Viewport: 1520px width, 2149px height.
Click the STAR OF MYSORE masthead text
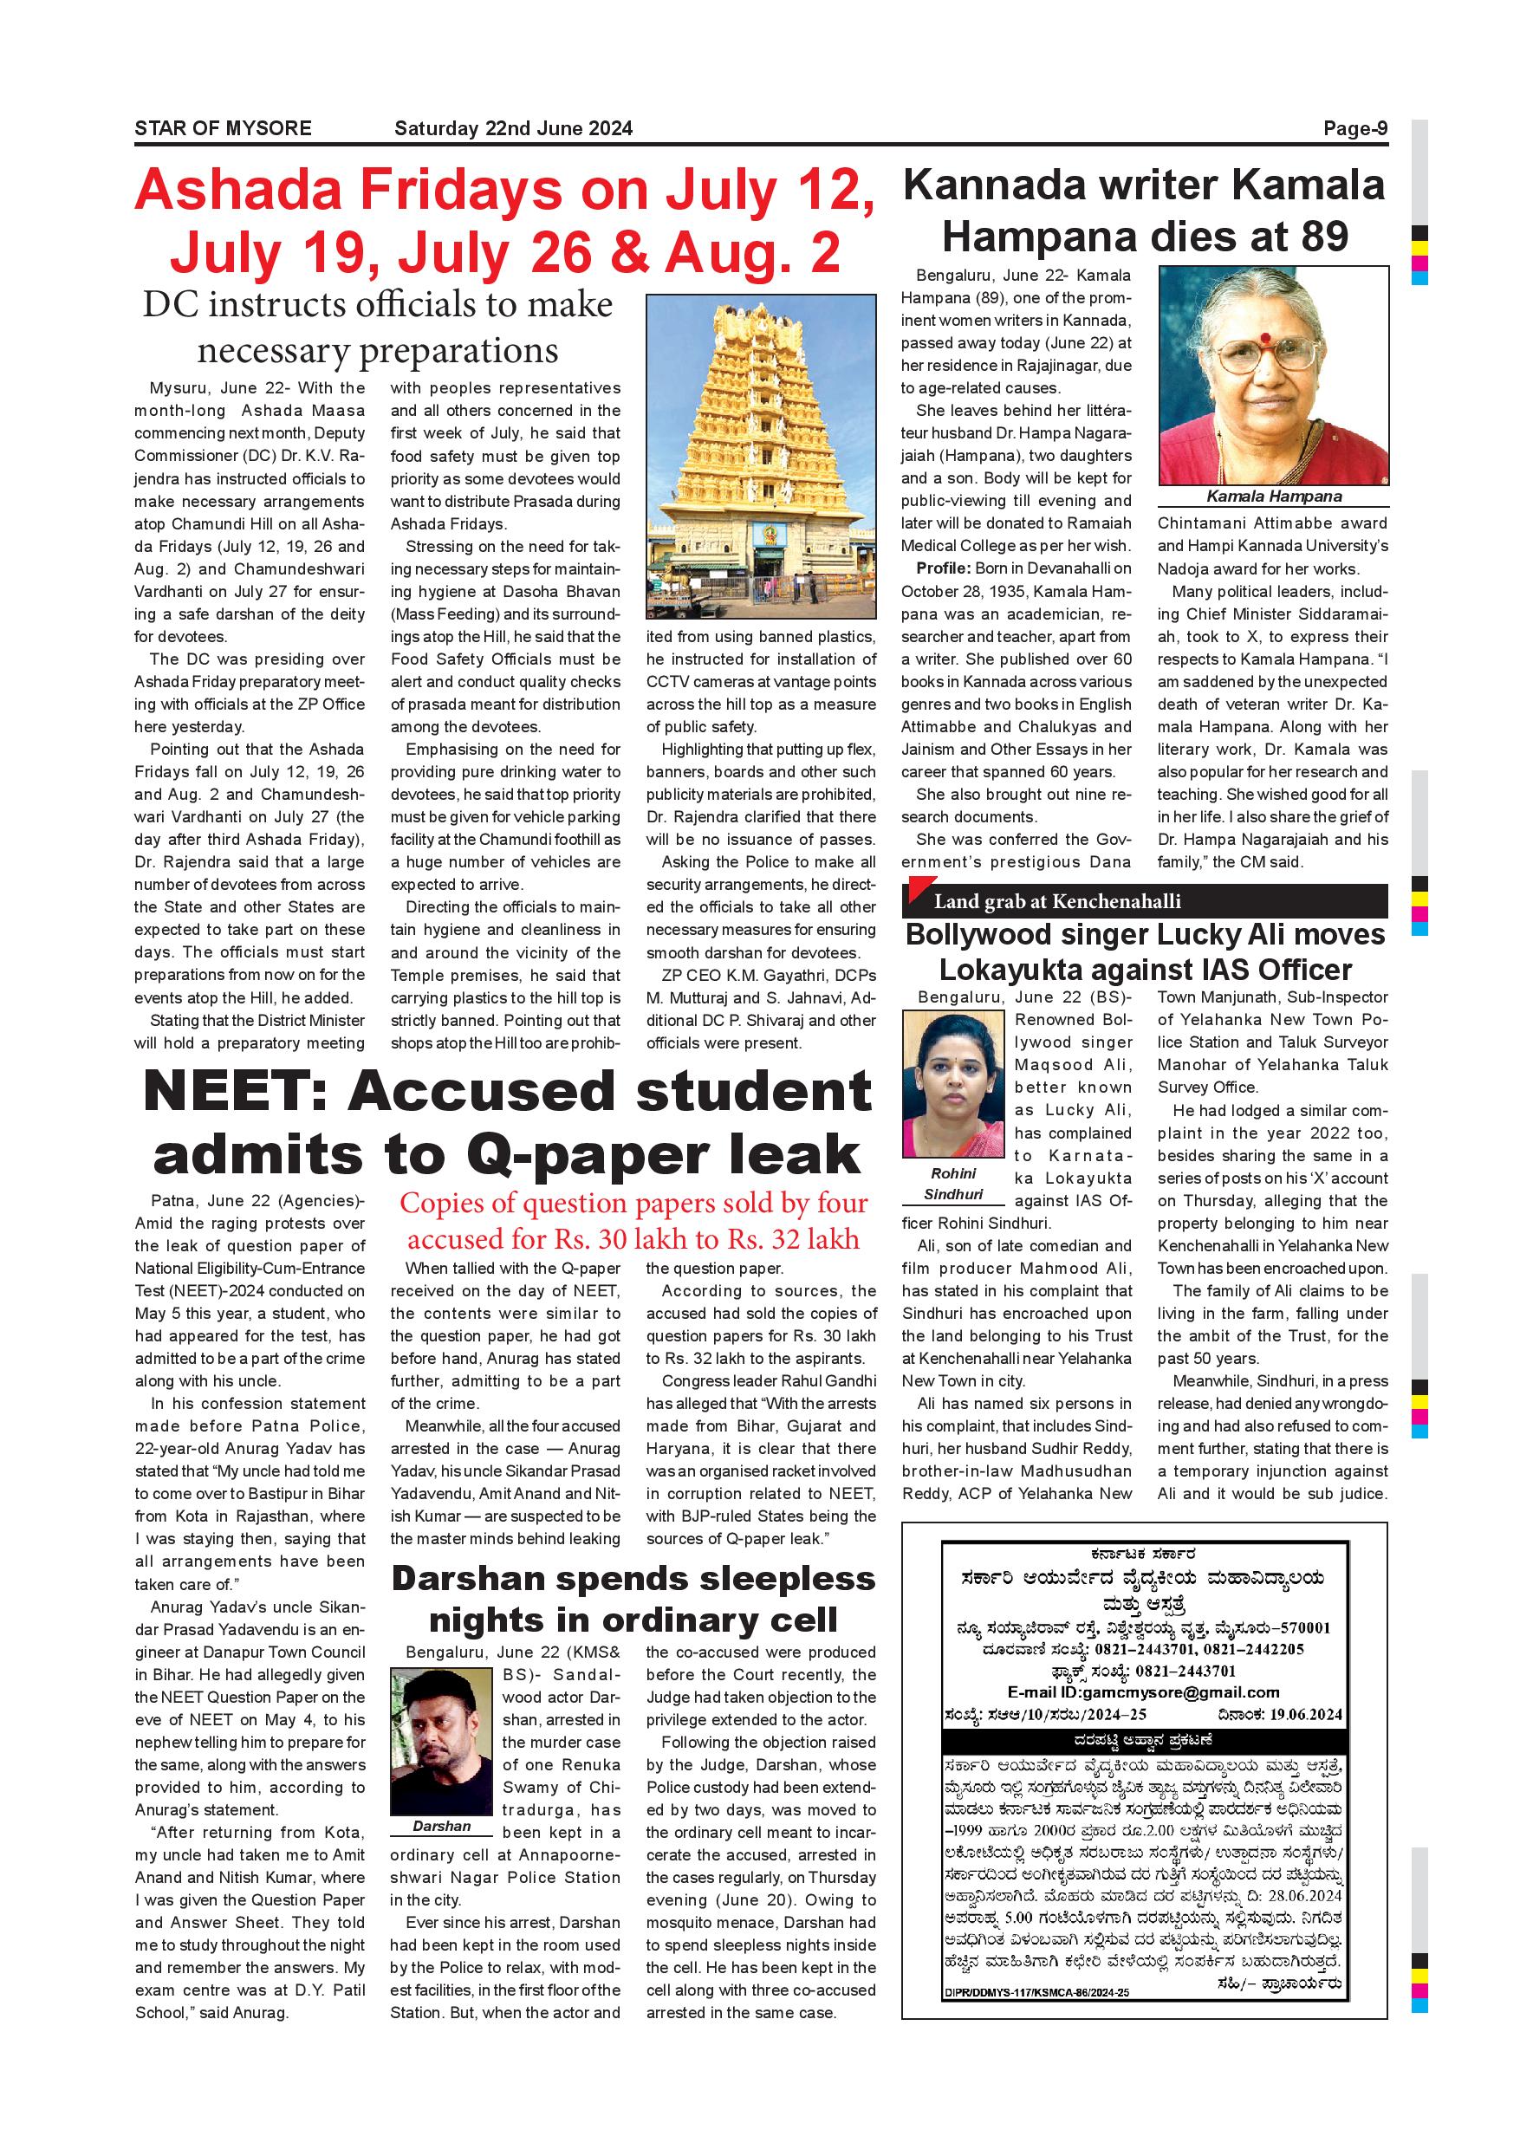pyautogui.click(x=223, y=128)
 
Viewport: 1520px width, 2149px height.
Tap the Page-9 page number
pyautogui.click(x=1354, y=128)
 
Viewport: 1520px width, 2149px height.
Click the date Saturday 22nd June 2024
pyautogui.click(x=513, y=128)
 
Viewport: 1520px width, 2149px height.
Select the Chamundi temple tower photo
pyautogui.click(x=761, y=457)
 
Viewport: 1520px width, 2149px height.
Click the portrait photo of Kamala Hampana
pyautogui.click(x=1273, y=375)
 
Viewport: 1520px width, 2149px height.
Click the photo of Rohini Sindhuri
pyautogui.click(x=952, y=1083)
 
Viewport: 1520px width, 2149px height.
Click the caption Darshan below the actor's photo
pyautogui.click(x=442, y=1826)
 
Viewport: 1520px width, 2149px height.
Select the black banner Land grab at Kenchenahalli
pyautogui.click(x=1144, y=901)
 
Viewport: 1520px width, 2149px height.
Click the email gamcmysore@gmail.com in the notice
pyautogui.click(x=1181, y=1692)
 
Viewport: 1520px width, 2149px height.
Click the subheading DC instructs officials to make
pyautogui.click(x=377, y=305)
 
